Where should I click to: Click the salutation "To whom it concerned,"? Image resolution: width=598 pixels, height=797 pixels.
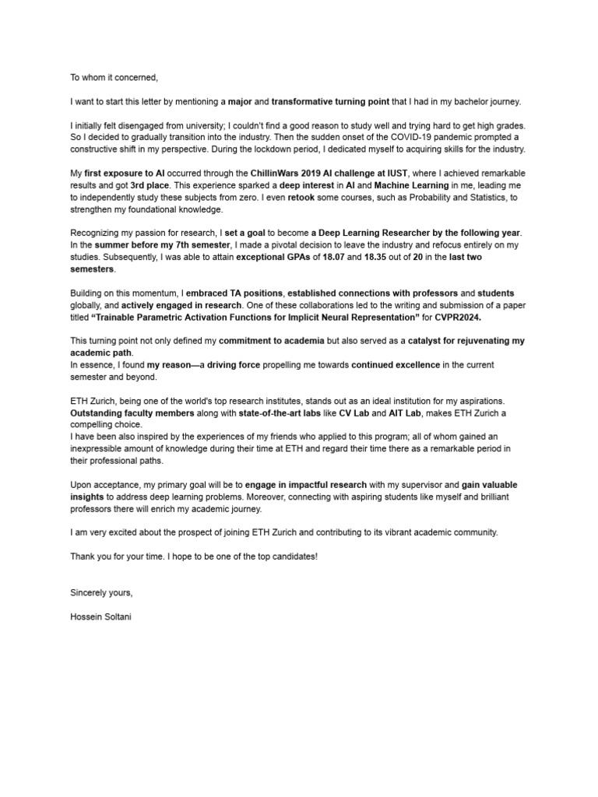[x=114, y=77]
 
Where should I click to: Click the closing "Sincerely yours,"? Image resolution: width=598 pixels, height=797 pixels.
[x=101, y=593]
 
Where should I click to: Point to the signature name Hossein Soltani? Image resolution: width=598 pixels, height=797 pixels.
[x=107, y=618]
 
